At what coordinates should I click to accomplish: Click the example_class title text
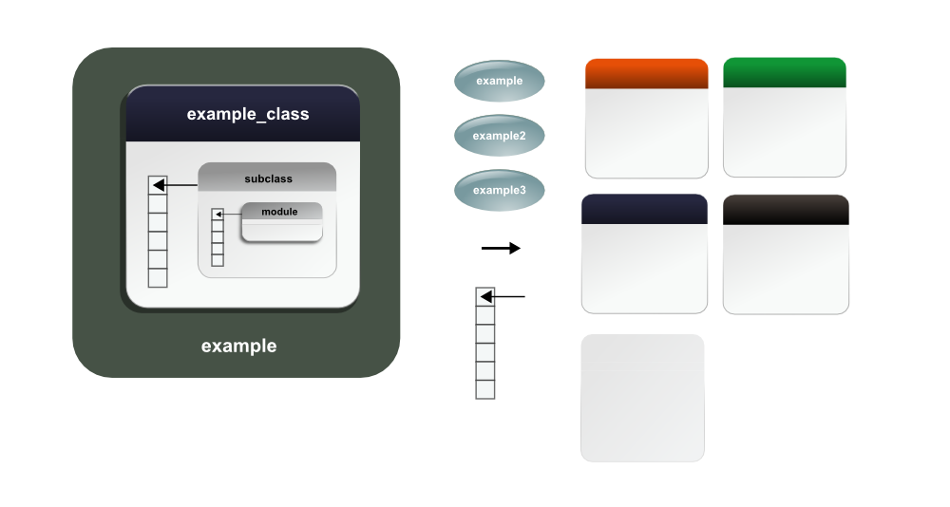(248, 115)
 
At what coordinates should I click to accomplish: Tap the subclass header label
(268, 178)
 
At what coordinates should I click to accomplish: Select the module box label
(279, 212)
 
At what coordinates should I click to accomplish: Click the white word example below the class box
(238, 347)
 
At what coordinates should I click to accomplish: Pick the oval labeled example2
(499, 136)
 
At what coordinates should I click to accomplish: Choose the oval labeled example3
(499, 190)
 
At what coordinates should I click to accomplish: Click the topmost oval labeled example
(499, 81)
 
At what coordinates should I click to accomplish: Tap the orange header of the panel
(647, 74)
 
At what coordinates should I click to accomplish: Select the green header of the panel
(784, 73)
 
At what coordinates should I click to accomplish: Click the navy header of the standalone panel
(644, 210)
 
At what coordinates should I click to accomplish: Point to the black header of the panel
(785, 211)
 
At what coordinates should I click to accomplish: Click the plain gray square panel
(642, 398)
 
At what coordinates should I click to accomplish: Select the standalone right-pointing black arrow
(501, 249)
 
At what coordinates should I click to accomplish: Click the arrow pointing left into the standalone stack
(503, 297)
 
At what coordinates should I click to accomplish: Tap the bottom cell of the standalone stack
(485, 389)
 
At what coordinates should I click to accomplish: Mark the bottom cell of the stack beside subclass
(158, 278)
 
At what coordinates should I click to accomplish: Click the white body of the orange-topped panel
(647, 133)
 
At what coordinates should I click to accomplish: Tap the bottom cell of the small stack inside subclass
(218, 260)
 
